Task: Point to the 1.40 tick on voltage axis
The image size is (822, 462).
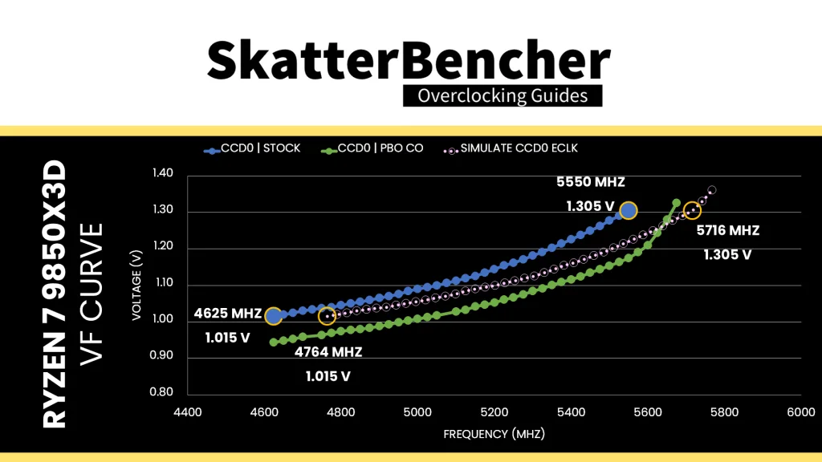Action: point(162,173)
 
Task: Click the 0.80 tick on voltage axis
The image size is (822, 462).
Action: point(162,392)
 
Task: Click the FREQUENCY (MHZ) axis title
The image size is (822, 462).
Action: point(494,434)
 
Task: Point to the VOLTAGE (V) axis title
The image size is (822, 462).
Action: point(139,283)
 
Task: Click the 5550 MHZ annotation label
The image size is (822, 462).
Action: point(591,182)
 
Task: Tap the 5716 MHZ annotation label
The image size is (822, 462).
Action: point(727,231)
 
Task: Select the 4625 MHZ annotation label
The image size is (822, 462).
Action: point(227,313)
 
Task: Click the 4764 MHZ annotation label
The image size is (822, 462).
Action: point(328,352)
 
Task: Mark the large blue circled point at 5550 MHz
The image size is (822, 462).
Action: point(628,211)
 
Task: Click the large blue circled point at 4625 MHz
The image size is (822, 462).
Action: point(273,317)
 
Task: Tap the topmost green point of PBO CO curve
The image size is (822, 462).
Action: point(676,203)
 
